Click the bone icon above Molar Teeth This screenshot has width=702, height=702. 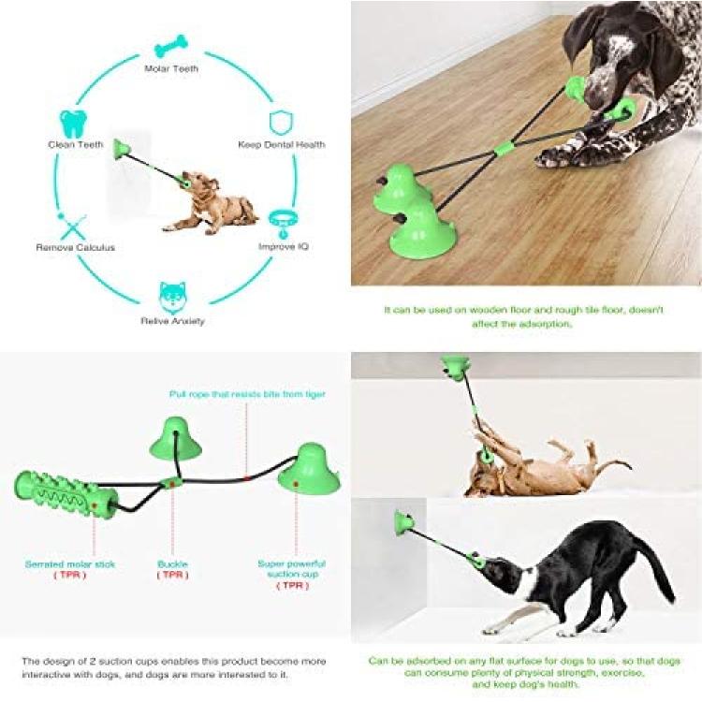click(171, 46)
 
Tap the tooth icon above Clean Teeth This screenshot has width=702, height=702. click(73, 124)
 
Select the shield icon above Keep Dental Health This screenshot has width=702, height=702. click(281, 123)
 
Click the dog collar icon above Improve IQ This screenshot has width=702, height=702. click(284, 223)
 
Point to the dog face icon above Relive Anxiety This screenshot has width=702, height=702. click(172, 298)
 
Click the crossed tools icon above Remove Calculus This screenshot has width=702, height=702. click(72, 227)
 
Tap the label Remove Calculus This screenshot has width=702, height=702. click(75, 248)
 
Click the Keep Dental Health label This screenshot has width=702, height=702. click(281, 144)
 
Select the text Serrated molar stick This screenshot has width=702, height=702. click(70, 564)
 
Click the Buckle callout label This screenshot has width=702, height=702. click(172, 564)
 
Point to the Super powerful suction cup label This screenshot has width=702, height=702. click(291, 568)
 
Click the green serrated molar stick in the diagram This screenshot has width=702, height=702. click(66, 495)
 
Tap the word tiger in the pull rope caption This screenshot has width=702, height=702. click(314, 394)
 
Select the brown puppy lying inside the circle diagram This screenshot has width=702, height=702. click(210, 203)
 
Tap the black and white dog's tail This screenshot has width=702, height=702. click(655, 565)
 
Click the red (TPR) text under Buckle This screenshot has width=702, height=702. click(173, 575)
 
